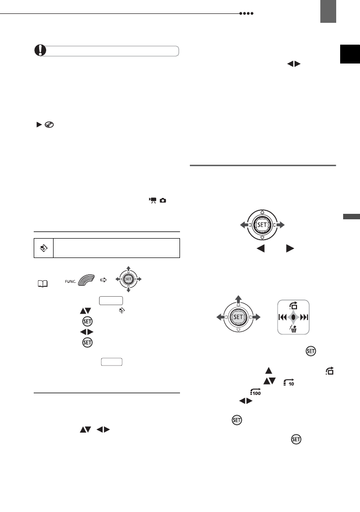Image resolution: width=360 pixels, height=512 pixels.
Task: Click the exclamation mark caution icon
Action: click(x=36, y=51)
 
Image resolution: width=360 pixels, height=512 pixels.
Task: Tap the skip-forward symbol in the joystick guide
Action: click(x=302, y=317)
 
